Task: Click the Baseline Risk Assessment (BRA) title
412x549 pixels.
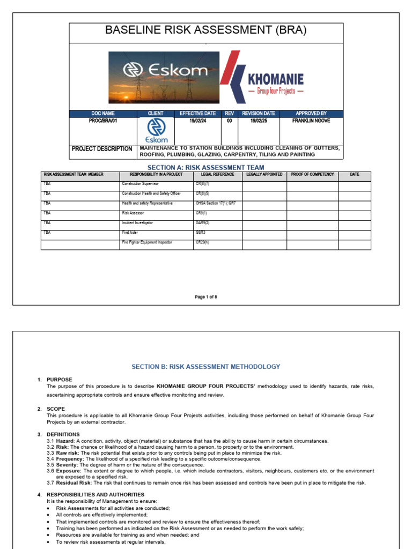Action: pyautogui.click(x=206, y=31)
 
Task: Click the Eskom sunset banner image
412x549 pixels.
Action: pyautogui.click(x=164, y=77)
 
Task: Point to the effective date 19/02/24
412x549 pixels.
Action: pyautogui.click(x=197, y=121)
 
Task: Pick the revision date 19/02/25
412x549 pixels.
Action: pyautogui.click(x=259, y=121)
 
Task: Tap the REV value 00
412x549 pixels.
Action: pyautogui.click(x=229, y=121)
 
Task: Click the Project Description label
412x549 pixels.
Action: pyautogui.click(x=102, y=149)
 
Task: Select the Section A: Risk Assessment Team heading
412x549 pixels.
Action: pyautogui.click(x=206, y=168)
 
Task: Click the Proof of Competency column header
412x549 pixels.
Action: pyautogui.click(x=312, y=174)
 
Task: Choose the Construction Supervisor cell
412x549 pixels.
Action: pyautogui.click(x=141, y=184)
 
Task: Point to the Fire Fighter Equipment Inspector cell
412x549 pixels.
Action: pyautogui.click(x=147, y=242)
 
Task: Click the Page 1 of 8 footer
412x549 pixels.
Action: pyautogui.click(x=206, y=296)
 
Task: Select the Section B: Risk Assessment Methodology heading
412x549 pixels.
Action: pyautogui.click(x=206, y=367)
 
